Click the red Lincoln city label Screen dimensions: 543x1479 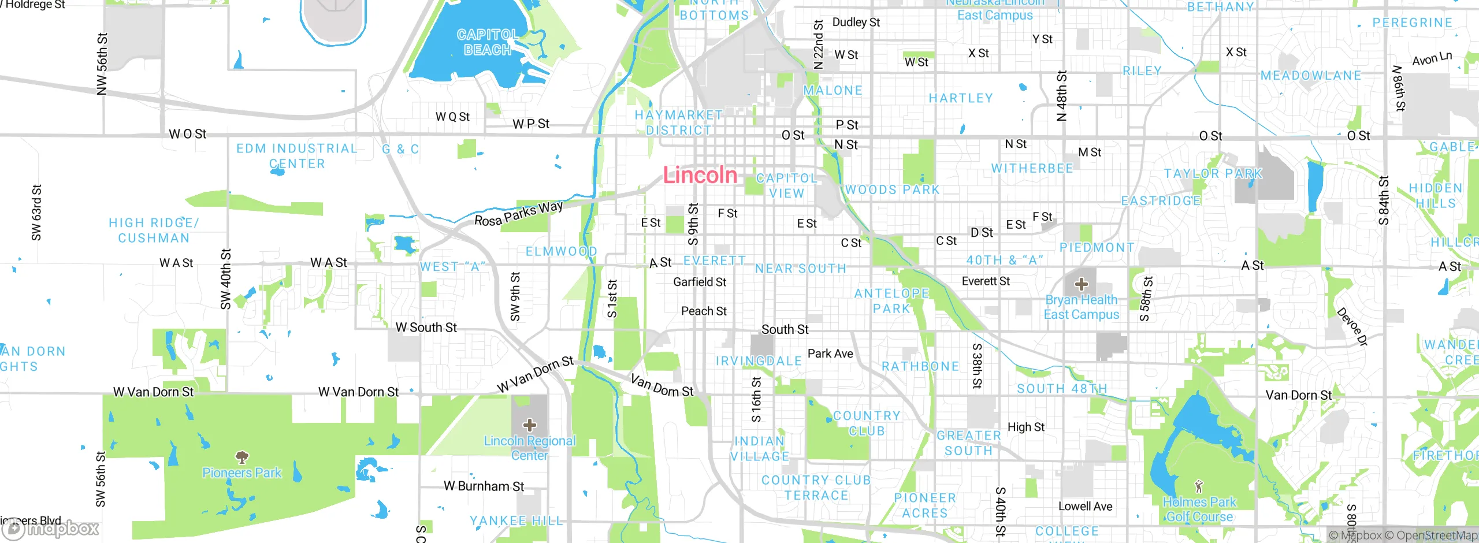[700, 175]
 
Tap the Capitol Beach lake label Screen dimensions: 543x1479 [488, 43]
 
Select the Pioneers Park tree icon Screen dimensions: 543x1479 [242, 458]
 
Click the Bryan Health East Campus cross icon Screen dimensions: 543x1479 [1081, 284]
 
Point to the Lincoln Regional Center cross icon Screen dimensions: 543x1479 [529, 425]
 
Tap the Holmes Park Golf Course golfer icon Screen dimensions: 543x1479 [1199, 486]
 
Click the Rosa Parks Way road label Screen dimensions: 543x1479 [518, 214]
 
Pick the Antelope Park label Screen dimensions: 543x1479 [891, 301]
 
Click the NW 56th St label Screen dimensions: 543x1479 [102, 64]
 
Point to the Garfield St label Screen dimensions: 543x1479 [699, 282]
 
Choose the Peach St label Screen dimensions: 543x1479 [703, 311]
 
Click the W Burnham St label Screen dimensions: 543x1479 [484, 486]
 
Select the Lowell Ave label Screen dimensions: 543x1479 [1085, 506]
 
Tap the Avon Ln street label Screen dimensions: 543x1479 [1432, 58]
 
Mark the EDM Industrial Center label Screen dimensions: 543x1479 [297, 156]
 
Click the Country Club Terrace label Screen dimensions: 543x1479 [816, 488]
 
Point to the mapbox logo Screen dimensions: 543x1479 [51, 529]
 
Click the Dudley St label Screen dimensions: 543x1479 [856, 22]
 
